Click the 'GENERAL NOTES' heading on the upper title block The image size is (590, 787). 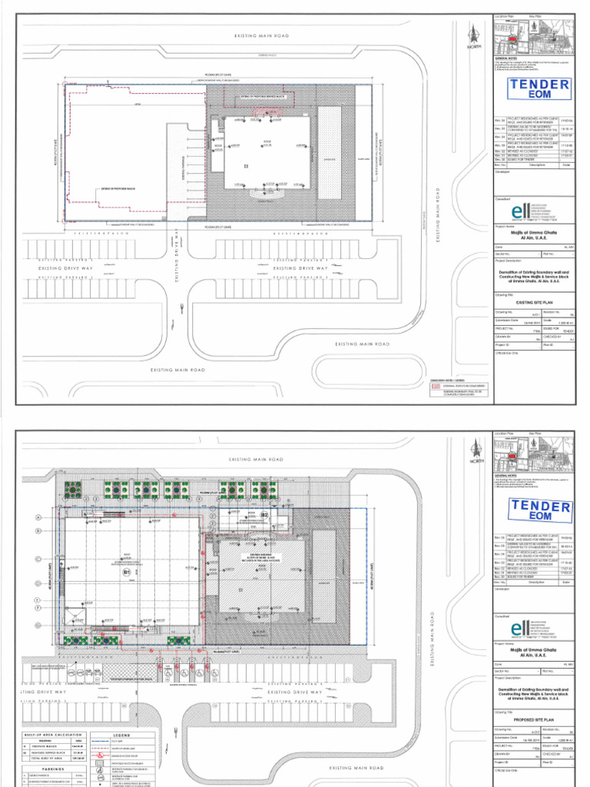(507, 58)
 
